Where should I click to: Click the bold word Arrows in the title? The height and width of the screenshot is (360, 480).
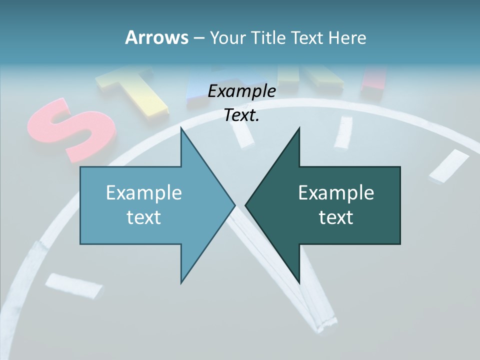156,37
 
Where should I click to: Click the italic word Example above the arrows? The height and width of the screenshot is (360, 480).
241,91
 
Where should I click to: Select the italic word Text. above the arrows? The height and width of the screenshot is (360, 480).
241,115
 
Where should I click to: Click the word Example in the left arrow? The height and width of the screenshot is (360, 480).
144,192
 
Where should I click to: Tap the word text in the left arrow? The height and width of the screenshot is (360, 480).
144,217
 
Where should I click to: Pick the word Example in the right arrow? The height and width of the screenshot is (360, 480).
336,192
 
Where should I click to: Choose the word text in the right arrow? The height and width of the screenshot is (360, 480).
336,217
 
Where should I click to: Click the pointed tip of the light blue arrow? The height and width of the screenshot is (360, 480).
234,205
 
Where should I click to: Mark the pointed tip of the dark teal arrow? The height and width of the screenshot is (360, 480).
245,205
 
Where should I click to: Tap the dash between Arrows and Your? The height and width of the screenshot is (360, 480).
198,38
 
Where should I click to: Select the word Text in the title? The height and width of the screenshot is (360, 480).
307,37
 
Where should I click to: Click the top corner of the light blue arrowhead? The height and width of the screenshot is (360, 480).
181,128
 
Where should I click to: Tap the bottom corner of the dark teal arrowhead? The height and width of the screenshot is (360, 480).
299,283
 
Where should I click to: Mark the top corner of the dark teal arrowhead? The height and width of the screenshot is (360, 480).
299,128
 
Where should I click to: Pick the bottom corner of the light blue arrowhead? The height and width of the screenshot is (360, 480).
181,283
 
